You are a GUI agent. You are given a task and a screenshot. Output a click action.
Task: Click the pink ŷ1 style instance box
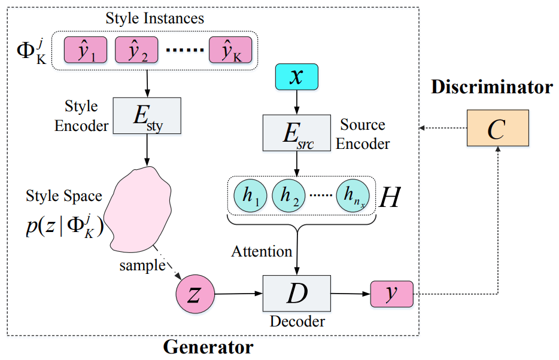85,50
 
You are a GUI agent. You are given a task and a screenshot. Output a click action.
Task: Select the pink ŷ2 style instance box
136,50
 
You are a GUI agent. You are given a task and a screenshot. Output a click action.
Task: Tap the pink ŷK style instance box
230,50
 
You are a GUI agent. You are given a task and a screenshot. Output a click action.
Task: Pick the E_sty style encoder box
147,115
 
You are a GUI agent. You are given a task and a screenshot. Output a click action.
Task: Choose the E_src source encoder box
296,133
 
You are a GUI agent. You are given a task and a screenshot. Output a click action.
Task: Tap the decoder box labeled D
296,294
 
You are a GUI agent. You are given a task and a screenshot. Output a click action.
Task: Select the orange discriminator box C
497,128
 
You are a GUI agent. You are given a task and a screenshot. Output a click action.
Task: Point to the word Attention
262,252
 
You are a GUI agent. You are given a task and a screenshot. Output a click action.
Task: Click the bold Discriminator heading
491,87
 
